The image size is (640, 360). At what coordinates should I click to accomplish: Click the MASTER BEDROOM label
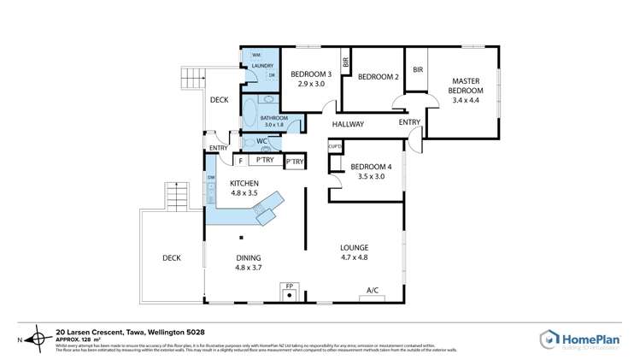(x=466, y=86)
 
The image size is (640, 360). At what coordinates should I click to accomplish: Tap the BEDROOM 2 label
(x=379, y=77)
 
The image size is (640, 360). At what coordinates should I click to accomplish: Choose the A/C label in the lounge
(x=373, y=291)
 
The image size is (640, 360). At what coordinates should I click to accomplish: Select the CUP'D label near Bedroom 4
(x=336, y=147)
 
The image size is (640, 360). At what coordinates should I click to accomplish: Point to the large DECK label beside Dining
(x=173, y=257)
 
